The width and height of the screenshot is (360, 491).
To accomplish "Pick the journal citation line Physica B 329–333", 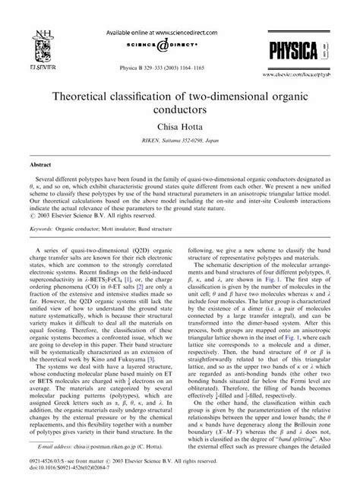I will coord(180,46).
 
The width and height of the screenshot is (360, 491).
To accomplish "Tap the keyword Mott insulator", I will coord(131,227).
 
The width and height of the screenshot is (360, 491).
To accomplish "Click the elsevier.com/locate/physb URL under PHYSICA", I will coord(310,55).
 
